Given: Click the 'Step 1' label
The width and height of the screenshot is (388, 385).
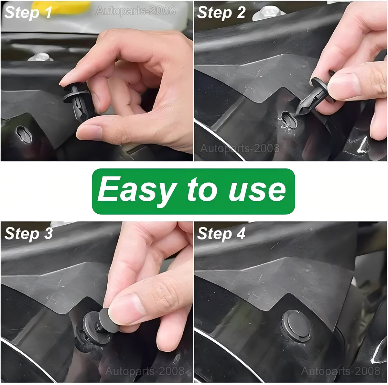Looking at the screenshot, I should click(x=28, y=13).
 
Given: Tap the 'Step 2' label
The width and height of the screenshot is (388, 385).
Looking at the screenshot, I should click(x=221, y=13).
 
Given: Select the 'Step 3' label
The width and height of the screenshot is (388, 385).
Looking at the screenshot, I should click(x=28, y=233).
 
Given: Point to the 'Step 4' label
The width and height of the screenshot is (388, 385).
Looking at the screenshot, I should click(x=221, y=233).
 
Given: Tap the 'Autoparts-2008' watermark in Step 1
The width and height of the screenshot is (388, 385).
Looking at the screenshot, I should click(x=135, y=11).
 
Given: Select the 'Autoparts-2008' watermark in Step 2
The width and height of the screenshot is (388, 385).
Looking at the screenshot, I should click(x=240, y=148).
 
